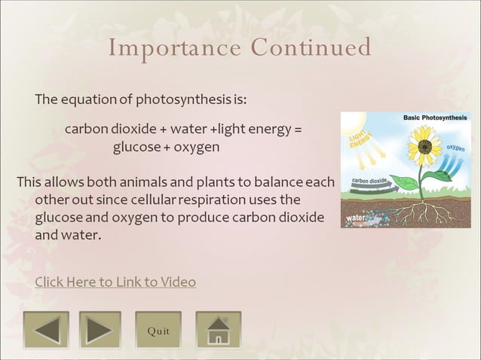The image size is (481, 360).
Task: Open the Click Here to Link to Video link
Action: (115, 282)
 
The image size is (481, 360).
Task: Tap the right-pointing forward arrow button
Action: (100, 330)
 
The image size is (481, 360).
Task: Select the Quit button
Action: (158, 331)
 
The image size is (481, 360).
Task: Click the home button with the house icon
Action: (218, 330)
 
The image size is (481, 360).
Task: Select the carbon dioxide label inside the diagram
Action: (369, 181)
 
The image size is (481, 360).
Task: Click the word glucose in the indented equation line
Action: (136, 147)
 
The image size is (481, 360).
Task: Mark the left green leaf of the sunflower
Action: (407, 182)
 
